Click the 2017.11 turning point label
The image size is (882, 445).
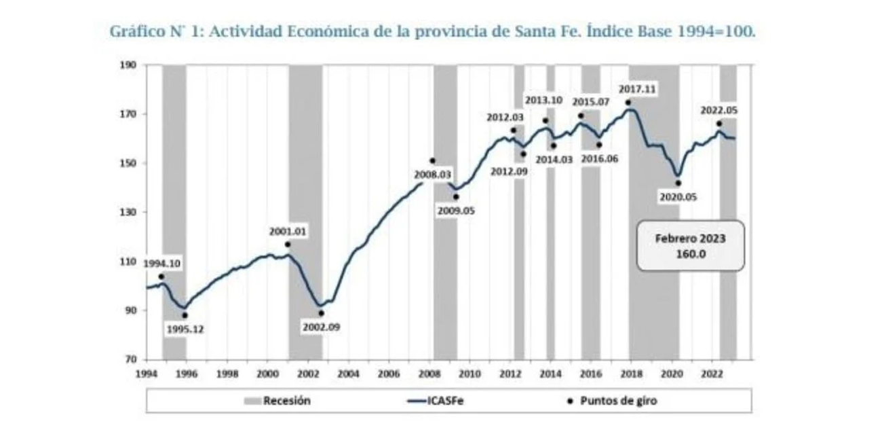tap(638, 90)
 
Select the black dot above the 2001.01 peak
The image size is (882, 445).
tap(288, 245)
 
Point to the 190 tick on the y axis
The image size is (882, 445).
tap(128, 65)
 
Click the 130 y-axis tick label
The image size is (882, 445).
tap(128, 213)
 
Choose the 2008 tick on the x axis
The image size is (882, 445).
tap(429, 373)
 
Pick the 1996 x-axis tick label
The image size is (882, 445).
tap(187, 373)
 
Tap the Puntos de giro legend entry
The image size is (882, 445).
tap(618, 401)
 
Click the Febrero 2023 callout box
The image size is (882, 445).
tap(690, 245)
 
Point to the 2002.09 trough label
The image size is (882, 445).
tap(321, 327)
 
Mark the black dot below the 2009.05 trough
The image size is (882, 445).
tap(456, 197)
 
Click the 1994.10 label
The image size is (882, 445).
tap(162, 264)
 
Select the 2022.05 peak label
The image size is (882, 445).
tap(719, 110)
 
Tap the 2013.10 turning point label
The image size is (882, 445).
tap(545, 101)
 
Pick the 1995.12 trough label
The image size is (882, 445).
tap(185, 330)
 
